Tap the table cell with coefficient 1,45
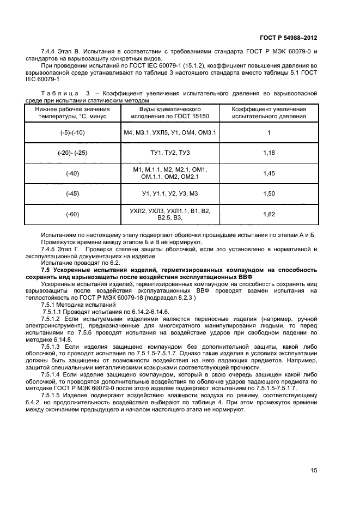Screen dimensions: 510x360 point(269,173)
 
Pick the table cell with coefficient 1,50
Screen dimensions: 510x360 point(269,193)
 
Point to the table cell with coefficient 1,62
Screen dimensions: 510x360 point(269,214)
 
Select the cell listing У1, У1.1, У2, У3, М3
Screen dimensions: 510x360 point(170,193)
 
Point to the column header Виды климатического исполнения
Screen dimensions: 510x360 point(170,113)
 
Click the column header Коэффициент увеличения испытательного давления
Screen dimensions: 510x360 point(269,113)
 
